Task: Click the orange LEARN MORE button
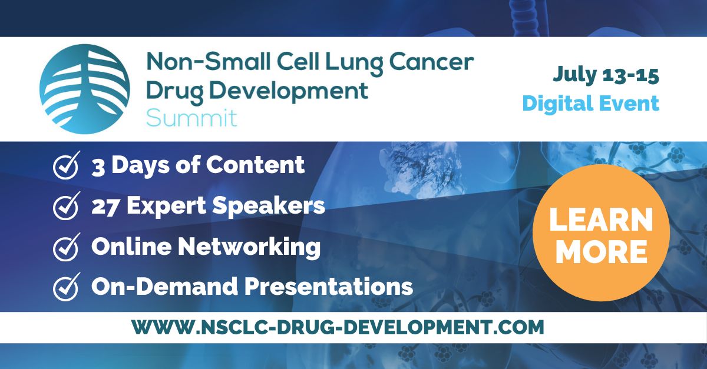point(601,233)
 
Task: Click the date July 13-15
point(606,75)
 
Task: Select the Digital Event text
point(590,104)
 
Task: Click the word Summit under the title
point(191,117)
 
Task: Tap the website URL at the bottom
point(337,327)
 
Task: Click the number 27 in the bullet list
point(106,206)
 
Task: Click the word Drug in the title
point(171,91)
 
